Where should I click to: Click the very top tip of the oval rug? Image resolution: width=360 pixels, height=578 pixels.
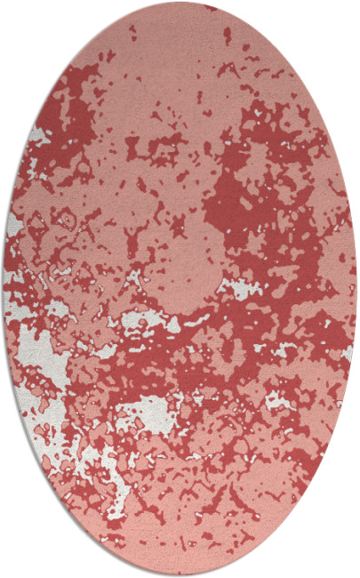(180, 4)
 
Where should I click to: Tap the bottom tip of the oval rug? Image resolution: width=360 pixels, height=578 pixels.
(180, 574)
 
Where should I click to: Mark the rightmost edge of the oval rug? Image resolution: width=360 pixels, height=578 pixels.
(356, 289)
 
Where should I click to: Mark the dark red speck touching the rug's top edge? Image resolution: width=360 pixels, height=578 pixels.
(210, 8)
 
